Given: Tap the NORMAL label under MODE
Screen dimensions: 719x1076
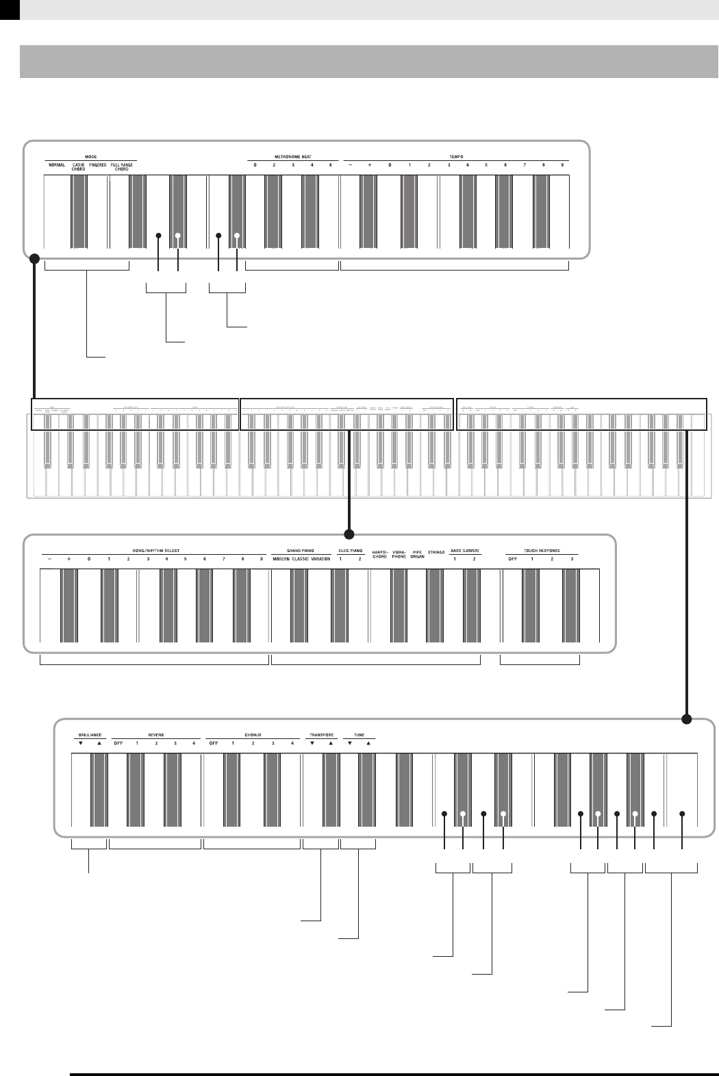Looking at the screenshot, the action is (57, 166).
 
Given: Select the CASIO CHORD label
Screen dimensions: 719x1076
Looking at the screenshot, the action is (79, 168).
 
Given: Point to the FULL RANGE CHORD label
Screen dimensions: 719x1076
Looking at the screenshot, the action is (122, 168).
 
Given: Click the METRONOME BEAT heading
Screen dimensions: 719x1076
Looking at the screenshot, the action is (292, 157).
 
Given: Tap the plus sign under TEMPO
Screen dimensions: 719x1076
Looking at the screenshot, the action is (370, 166).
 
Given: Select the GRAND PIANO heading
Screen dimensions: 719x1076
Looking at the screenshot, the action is (301, 551).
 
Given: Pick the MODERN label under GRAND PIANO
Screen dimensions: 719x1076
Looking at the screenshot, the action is (281, 560).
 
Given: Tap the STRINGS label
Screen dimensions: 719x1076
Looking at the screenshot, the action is (436, 552).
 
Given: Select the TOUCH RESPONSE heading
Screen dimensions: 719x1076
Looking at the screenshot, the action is (542, 551).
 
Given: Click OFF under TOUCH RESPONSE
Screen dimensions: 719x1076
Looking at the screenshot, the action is (512, 560).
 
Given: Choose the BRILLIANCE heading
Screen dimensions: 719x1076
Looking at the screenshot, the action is (90, 734).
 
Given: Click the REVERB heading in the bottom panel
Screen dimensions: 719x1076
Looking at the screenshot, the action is (155, 734).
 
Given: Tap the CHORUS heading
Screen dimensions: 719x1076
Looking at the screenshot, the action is (253, 734).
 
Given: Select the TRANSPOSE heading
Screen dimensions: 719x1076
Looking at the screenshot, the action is (322, 734).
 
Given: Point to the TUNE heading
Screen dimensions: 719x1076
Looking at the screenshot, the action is (359, 734).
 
